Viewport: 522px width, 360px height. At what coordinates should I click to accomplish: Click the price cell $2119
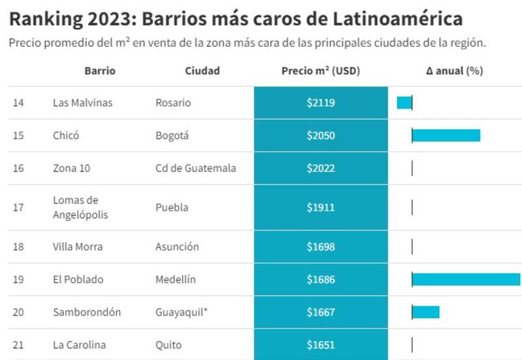coord(321,103)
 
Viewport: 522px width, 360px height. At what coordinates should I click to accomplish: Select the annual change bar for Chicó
coord(446,136)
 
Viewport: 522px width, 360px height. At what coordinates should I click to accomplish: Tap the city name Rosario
coord(173,103)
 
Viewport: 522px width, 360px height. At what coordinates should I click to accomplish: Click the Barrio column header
coord(100,71)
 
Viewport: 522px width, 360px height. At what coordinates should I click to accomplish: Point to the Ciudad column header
coord(202,71)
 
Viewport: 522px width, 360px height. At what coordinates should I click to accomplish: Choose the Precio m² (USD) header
coord(321,71)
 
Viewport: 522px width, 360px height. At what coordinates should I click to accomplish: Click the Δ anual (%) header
coord(454,71)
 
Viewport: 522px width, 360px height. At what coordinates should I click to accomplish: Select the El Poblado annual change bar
coord(466,280)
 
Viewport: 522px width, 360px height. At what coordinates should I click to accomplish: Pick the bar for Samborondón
coord(426,312)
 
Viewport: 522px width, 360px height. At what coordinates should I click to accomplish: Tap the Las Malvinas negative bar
coord(405,103)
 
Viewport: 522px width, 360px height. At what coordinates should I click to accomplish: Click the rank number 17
coord(18,207)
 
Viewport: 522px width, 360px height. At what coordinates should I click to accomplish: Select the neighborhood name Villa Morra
coord(78,247)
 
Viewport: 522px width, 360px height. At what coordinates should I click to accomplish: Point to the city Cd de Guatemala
coord(196,168)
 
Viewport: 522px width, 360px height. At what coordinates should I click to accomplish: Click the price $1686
coord(321,280)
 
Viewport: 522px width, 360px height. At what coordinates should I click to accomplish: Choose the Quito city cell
coord(168,345)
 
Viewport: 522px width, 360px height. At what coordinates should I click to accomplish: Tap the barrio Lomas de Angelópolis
coord(80,207)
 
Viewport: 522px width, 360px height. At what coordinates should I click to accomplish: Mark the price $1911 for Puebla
coord(321,207)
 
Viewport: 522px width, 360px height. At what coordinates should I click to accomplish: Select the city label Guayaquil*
coord(181,312)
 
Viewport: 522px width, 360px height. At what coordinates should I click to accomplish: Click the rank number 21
coord(18,345)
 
